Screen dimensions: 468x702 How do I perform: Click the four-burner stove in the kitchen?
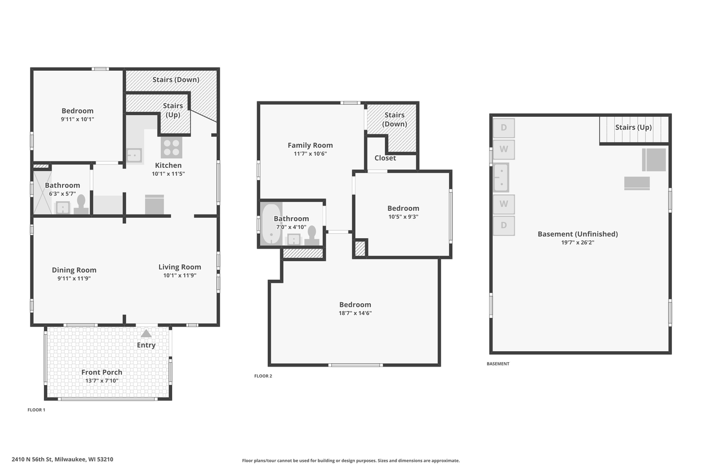(x=172, y=148)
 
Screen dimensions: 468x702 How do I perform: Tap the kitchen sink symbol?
(x=134, y=155)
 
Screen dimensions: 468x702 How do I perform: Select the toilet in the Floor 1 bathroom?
(x=81, y=204)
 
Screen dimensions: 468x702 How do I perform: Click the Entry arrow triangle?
(x=146, y=333)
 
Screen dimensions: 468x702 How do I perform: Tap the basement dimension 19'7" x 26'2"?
(x=578, y=242)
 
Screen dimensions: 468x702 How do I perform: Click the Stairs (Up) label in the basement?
(x=633, y=127)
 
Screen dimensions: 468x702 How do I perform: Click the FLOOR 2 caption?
(x=263, y=376)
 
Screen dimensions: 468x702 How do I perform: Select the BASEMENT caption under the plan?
(x=498, y=364)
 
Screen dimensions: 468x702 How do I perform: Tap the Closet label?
(x=385, y=158)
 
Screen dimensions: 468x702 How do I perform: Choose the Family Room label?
(x=310, y=145)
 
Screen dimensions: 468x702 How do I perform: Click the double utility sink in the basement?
(x=501, y=177)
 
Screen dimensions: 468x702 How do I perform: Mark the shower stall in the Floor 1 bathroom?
(x=42, y=192)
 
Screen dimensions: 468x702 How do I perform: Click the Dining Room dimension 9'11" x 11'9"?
(x=74, y=278)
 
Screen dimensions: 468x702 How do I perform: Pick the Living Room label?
(x=180, y=267)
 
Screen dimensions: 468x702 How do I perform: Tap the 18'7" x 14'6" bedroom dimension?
(x=355, y=313)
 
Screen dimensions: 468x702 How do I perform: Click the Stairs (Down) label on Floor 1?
(x=175, y=80)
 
